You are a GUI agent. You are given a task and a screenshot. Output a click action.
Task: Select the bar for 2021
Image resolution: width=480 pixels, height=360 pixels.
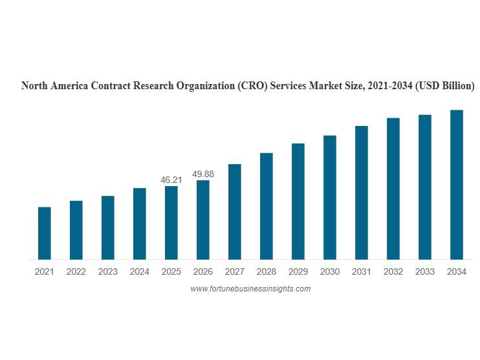45,233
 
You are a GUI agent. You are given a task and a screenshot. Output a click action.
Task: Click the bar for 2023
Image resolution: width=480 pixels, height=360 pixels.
108,228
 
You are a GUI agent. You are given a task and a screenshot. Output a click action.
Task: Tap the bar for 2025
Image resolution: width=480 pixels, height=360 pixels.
171,223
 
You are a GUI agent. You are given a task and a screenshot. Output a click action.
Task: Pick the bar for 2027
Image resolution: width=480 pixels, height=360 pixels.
235,212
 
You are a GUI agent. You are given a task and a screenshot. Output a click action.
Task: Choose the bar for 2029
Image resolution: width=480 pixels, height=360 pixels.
298,202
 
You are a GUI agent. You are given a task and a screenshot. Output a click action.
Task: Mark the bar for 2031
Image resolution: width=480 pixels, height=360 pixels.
362,193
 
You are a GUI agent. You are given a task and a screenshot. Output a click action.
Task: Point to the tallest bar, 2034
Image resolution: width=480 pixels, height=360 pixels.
457,185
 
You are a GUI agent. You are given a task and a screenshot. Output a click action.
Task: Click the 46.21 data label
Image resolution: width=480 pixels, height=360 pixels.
171,180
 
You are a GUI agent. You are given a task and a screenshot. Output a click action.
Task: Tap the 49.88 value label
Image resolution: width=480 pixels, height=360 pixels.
203,174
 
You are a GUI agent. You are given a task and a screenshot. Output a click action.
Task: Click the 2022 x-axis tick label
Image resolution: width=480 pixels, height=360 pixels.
76,272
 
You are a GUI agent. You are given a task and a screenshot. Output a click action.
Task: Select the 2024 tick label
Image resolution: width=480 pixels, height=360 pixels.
140,272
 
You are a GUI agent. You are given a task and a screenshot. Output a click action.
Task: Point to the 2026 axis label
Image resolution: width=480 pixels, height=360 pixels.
203,272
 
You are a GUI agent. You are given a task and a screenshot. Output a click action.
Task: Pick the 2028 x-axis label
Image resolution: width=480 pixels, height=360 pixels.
267,272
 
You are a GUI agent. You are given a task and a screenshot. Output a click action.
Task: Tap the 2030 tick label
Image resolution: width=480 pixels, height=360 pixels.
330,272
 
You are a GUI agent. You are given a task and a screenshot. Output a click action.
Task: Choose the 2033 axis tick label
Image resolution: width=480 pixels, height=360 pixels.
425,272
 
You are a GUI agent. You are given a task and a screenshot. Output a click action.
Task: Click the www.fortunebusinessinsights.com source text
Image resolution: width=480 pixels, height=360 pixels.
250,289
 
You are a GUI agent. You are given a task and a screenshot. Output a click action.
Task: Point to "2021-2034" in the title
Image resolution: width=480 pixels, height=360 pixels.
388,86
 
